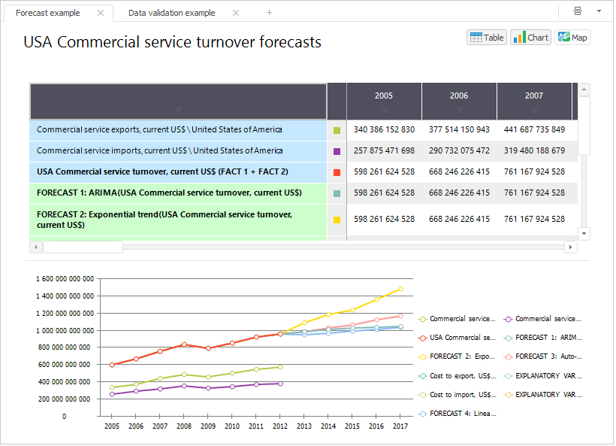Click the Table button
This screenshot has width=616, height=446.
tap(486, 38)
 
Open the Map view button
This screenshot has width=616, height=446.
tap(572, 38)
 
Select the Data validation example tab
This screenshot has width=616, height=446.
tap(171, 13)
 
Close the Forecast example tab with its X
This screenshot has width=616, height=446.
tap(101, 13)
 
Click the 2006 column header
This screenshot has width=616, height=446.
tap(459, 96)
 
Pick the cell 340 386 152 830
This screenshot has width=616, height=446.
tap(384, 129)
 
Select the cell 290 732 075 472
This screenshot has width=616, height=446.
tap(459, 150)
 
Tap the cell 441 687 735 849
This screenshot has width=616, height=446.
tap(534, 129)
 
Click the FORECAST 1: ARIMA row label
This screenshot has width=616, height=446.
tap(169, 193)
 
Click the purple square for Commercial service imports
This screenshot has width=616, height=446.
tap(337, 151)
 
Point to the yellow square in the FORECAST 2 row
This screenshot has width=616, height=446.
tap(337, 220)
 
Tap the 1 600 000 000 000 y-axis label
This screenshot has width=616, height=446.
tap(65, 279)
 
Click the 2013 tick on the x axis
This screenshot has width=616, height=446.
tap(304, 426)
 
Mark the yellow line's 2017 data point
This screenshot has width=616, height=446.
tap(400, 289)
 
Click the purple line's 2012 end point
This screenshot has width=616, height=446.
tap(280, 384)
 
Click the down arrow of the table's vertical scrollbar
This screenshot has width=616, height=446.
tap(584, 234)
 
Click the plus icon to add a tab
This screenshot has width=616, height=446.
tap(270, 13)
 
